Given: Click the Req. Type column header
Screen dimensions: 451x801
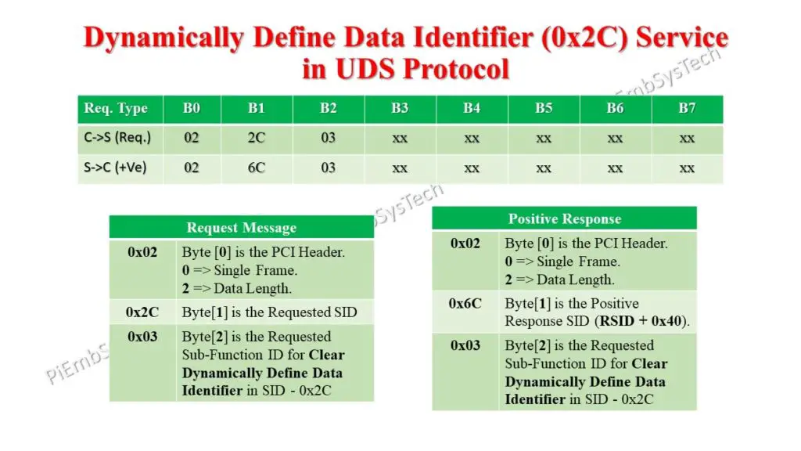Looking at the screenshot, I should (116, 109).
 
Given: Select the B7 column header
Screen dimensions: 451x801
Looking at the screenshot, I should (687, 109).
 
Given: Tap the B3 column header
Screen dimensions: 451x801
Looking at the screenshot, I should (400, 109).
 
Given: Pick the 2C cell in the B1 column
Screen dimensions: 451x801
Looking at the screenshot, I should (257, 139).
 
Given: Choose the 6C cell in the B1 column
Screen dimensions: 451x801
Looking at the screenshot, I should (257, 168).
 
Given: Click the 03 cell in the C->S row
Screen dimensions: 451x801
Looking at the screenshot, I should (328, 139).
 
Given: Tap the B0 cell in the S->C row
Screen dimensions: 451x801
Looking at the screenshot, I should (192, 168).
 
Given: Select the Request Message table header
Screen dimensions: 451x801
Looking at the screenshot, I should (241, 228).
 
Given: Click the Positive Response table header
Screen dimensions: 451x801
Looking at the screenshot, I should (564, 218).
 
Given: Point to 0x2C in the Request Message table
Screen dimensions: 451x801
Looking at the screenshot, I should (142, 312).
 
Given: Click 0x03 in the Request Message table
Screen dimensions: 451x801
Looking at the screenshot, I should (142, 337).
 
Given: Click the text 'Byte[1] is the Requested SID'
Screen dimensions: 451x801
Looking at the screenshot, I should (269, 312).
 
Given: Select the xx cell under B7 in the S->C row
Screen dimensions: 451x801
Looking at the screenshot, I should (687, 168).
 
